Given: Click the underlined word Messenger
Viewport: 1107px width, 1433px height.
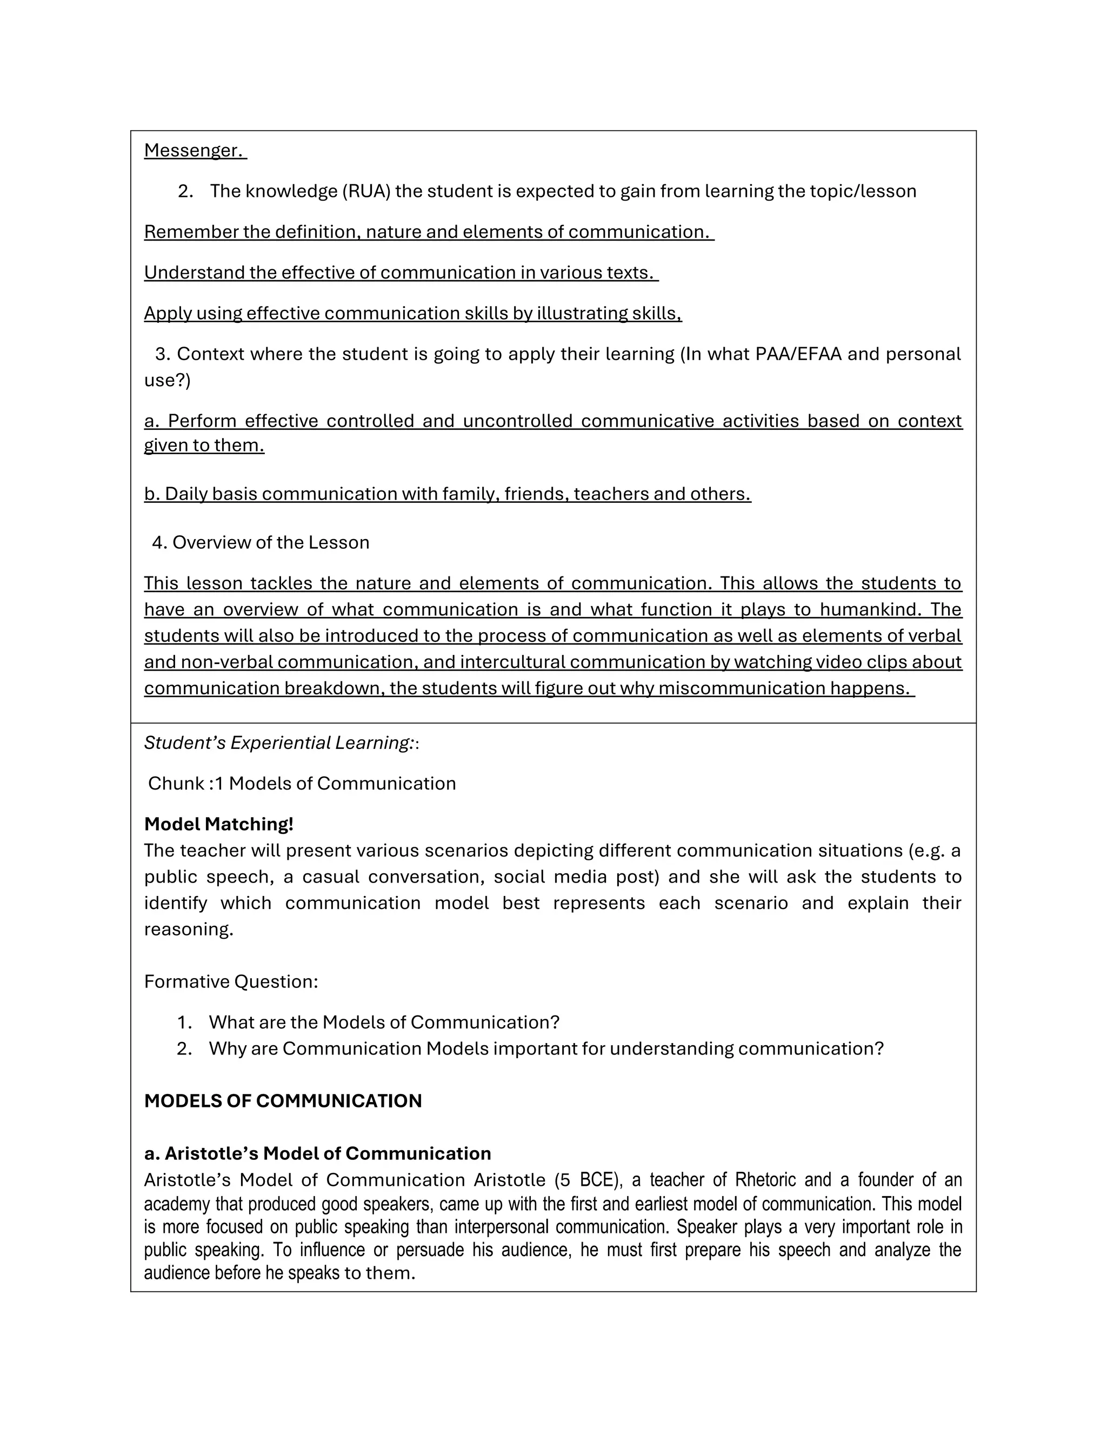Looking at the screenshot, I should [194, 150].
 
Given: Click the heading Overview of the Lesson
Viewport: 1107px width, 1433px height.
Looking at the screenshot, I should [270, 542].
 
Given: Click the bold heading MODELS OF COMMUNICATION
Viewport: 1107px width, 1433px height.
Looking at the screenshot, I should [283, 1100].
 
